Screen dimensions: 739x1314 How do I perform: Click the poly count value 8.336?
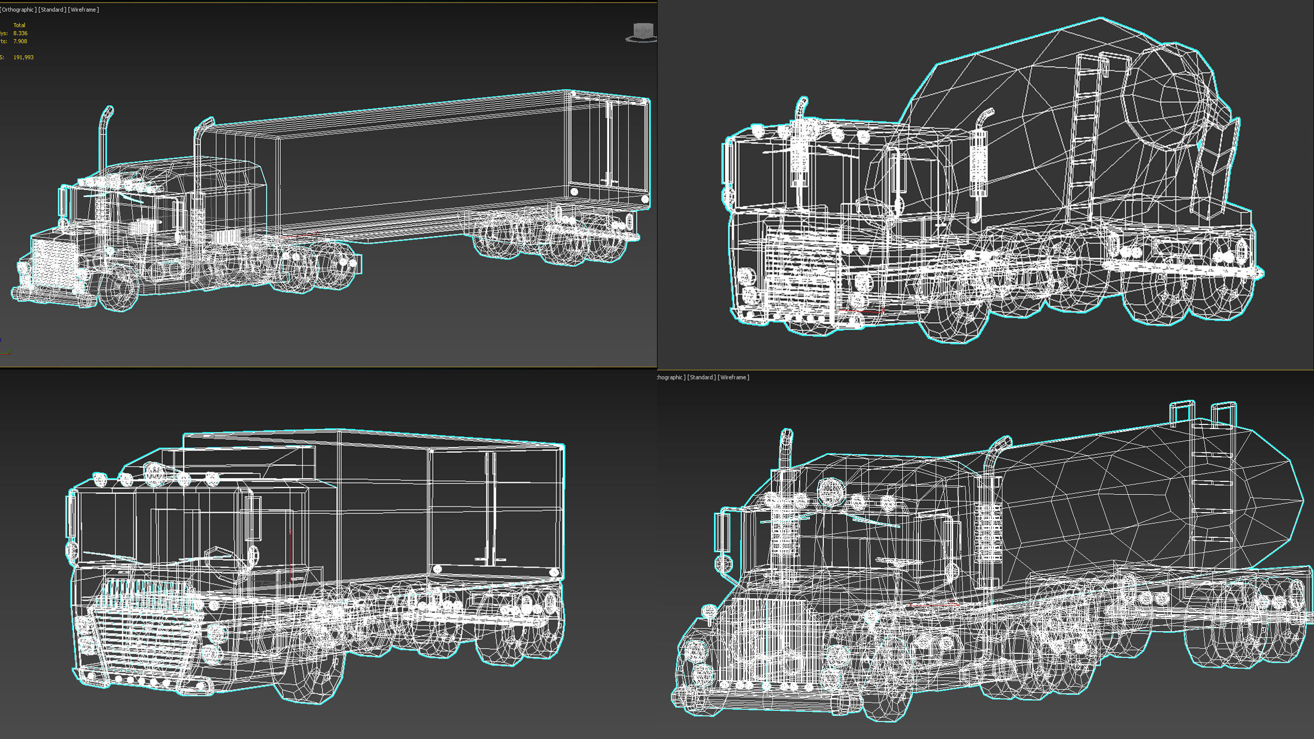pyautogui.click(x=21, y=33)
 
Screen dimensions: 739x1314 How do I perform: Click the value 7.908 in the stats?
pyautogui.click(x=21, y=42)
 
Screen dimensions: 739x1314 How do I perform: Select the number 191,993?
pyautogui.click(x=24, y=57)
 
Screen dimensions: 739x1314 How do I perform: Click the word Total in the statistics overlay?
pyautogui.click(x=20, y=25)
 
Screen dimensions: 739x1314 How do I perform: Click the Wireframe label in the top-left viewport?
pyautogui.click(x=84, y=10)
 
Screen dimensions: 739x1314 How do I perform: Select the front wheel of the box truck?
pyautogui.click(x=308, y=672)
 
